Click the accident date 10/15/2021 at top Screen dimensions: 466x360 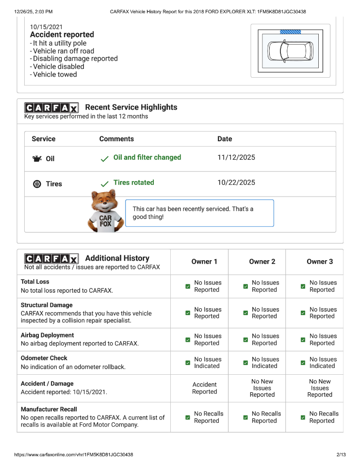click(46, 27)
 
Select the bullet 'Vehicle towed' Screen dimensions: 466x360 click(55, 74)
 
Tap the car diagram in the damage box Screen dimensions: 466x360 click(290, 50)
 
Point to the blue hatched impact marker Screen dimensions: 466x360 click(290, 32)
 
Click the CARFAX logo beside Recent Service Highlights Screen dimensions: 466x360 click(51, 108)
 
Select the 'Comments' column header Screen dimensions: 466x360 click(116, 139)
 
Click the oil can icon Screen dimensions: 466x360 click(37, 159)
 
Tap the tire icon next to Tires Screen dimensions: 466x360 click(37, 184)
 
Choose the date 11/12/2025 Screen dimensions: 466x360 click(236, 157)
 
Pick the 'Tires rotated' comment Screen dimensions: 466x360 click(133, 183)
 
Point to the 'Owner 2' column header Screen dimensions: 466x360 click(262, 262)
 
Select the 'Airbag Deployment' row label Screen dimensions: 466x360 click(47, 335)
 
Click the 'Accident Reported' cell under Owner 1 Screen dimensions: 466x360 click(204, 388)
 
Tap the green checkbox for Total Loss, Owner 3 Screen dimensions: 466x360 click(303, 286)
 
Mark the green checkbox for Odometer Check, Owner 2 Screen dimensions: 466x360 click(245, 363)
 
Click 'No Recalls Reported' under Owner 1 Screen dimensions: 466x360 click(209, 417)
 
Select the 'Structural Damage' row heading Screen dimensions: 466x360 click(47, 305)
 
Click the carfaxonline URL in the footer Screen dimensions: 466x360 click(74, 455)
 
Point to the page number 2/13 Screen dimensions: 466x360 click(341, 455)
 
